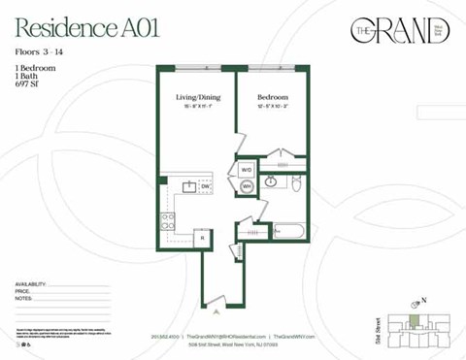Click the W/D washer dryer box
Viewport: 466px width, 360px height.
246,168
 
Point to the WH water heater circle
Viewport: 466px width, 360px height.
247,185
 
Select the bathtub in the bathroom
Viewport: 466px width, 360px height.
290,232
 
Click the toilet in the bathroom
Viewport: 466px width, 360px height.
295,181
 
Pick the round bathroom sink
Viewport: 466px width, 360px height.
272,181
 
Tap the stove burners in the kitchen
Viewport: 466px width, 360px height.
168,220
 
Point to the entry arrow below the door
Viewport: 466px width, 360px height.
216,311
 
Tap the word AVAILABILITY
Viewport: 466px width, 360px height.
31,283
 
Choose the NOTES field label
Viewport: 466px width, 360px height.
24,299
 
